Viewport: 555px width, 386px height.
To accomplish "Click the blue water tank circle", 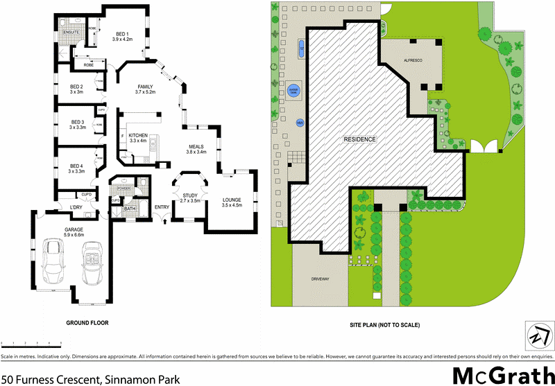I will coord(293,91).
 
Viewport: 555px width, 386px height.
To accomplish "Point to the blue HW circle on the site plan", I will coord(300,123).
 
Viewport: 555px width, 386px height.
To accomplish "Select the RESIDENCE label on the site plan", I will coord(360,139).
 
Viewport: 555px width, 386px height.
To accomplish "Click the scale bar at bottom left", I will coord(32,343).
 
